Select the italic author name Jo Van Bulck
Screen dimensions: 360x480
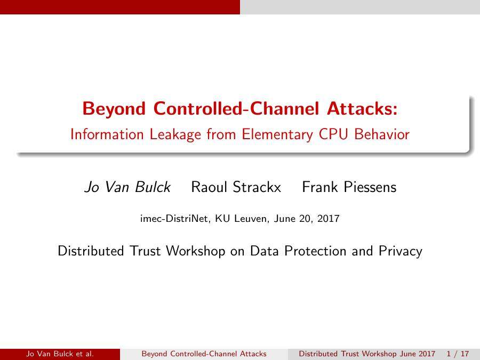[127, 187]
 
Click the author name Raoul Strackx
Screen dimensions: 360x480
[236, 187]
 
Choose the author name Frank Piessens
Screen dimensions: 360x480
[349, 187]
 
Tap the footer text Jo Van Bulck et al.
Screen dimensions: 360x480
[60, 354]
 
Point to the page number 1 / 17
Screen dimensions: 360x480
[458, 354]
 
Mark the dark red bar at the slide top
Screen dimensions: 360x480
[120, 7]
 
